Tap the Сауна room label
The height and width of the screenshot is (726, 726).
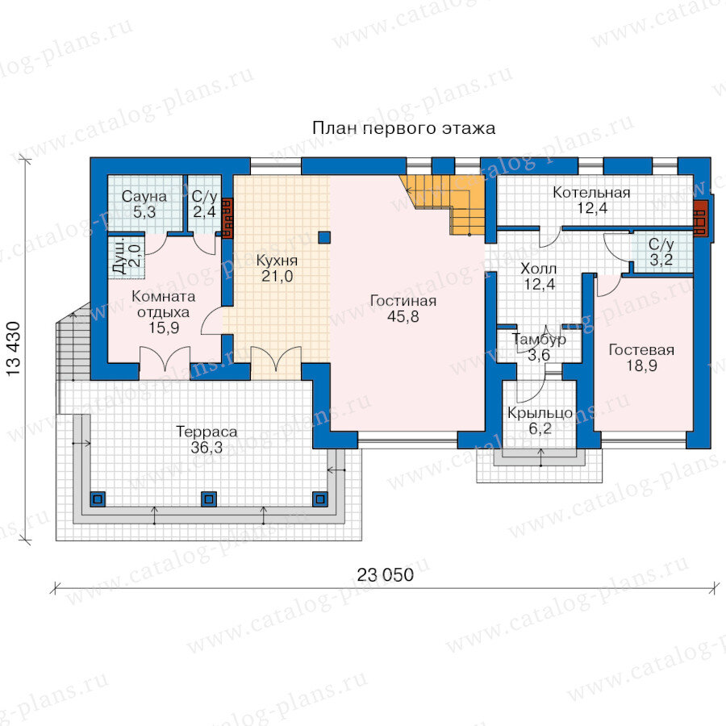tap(144, 196)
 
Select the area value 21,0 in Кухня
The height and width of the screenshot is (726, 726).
tap(277, 277)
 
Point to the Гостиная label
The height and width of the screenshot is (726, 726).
tap(403, 301)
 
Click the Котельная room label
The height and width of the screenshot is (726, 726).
tap(591, 193)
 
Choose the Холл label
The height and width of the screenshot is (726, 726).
tap(539, 269)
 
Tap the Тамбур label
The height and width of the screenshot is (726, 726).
tap(539, 340)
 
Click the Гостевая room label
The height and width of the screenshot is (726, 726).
tap(641, 350)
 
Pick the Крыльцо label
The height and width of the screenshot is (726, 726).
tap(540, 413)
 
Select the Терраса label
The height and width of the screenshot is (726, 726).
tap(207, 432)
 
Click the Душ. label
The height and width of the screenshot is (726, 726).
tap(119, 257)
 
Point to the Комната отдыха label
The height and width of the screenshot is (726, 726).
tap(164, 304)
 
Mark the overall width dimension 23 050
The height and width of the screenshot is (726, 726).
tap(386, 575)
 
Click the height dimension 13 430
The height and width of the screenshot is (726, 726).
tap(14, 348)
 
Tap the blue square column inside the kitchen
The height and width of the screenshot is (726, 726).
tap(324, 237)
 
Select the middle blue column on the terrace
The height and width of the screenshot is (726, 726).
tap(209, 499)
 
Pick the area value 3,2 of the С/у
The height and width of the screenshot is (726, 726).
tap(661, 260)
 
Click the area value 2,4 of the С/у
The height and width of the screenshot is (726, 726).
tap(204, 212)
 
